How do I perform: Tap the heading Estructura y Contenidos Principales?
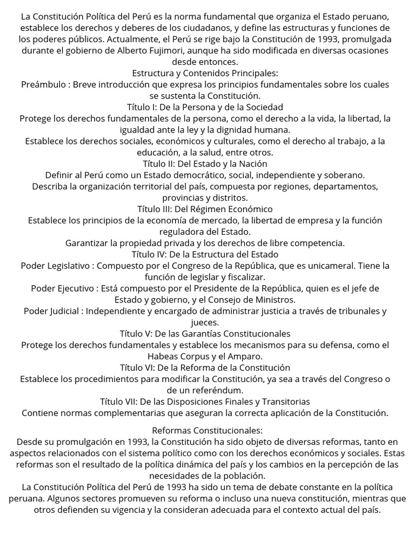coord(205,73)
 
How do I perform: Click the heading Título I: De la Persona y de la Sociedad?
coord(205,107)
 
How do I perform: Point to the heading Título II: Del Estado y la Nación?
coord(205,163)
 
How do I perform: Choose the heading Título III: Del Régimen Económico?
coord(205,209)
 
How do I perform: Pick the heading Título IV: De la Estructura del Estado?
coord(205,254)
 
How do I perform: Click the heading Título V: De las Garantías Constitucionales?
coord(205,334)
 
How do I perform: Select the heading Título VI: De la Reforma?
coord(205,368)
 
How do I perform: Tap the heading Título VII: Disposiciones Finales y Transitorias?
coord(205,402)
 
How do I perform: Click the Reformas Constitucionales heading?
coord(207,431)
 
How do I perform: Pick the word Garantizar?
coord(88,243)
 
